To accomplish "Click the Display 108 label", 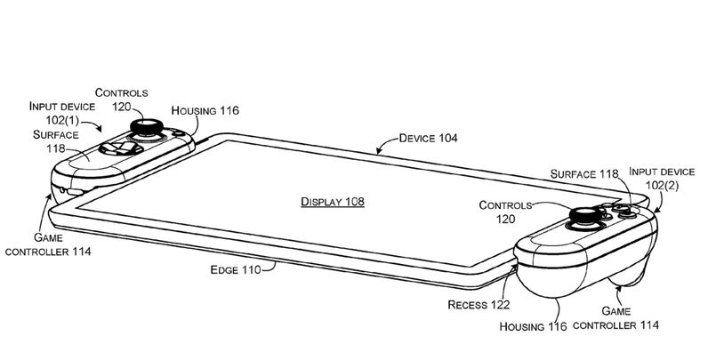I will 332,203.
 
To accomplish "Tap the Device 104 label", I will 428,138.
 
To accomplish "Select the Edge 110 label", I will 235,270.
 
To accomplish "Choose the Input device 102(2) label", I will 661,179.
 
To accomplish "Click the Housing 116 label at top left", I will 210,109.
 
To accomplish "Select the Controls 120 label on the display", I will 505,212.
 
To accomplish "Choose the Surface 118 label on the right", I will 583,174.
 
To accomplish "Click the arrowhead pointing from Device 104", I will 377,153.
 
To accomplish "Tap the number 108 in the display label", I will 354,203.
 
